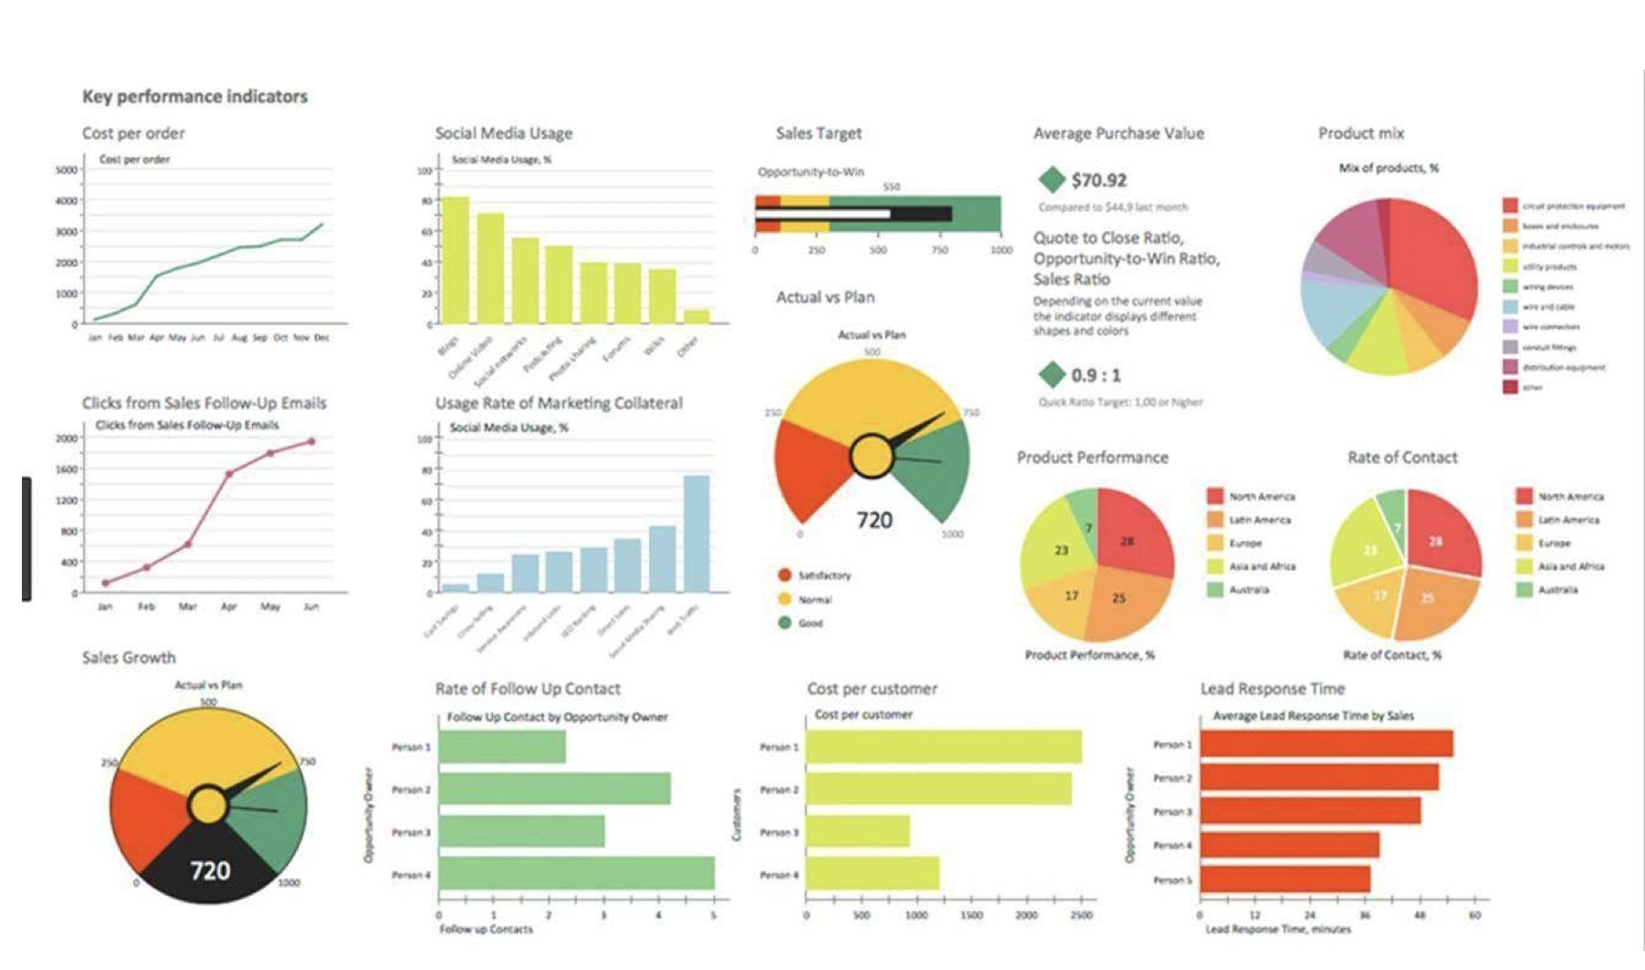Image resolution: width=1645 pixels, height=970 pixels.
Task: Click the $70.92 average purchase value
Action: (x=1098, y=180)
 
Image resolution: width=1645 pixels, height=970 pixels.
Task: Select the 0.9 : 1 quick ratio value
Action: (x=1095, y=375)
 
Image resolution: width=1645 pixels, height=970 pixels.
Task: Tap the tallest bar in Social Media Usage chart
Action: (x=455, y=259)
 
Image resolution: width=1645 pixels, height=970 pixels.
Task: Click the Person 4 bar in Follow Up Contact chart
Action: (x=576, y=873)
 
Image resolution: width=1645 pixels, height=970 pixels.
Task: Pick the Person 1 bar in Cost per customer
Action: (x=943, y=747)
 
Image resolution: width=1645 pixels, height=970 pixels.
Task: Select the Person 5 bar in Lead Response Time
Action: (x=1284, y=880)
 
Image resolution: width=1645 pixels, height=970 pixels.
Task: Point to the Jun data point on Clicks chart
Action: (x=311, y=441)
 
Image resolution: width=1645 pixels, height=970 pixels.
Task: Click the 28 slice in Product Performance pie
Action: (x=1132, y=534)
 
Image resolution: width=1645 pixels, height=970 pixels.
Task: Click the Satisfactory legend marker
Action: (x=784, y=575)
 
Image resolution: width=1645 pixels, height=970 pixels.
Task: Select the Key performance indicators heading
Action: (x=194, y=97)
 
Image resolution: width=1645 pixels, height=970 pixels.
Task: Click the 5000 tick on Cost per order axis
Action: (x=67, y=170)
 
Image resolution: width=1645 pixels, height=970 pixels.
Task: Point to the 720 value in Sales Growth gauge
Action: (x=210, y=870)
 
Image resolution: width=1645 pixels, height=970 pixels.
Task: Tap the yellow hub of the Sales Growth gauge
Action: (x=207, y=807)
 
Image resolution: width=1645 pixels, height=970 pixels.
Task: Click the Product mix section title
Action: (x=1360, y=133)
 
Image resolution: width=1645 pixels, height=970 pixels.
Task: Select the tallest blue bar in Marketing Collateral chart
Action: (x=697, y=533)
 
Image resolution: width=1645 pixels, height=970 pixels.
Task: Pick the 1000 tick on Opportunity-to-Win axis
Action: (x=1001, y=249)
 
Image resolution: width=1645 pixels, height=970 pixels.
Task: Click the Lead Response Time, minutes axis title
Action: (x=1277, y=929)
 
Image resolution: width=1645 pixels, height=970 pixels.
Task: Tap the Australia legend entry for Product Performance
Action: (x=1248, y=590)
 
